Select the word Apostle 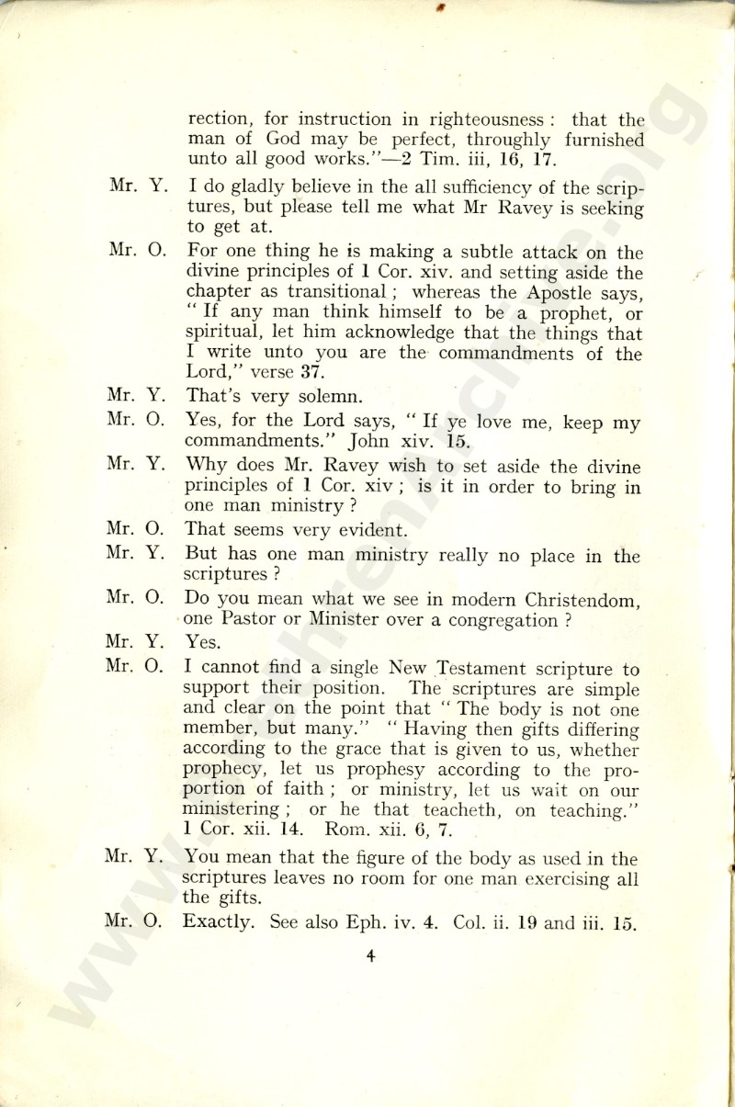point(553,293)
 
